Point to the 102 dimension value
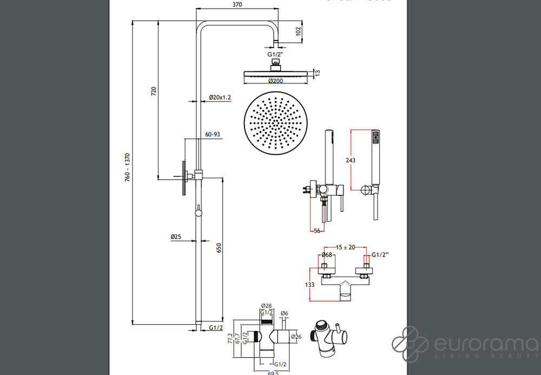coord(299,31)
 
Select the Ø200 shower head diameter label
coord(275,81)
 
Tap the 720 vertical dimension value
coord(154,91)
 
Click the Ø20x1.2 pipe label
coord(220,97)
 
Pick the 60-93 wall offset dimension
coord(213,135)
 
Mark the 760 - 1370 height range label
coord(128,167)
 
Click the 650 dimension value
coord(219,247)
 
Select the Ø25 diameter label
coord(175,236)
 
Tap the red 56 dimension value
coord(316,231)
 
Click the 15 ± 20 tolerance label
coord(345,247)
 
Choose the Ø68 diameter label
coord(326,255)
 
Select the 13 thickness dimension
coord(318,73)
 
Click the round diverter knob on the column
coord(199,213)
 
